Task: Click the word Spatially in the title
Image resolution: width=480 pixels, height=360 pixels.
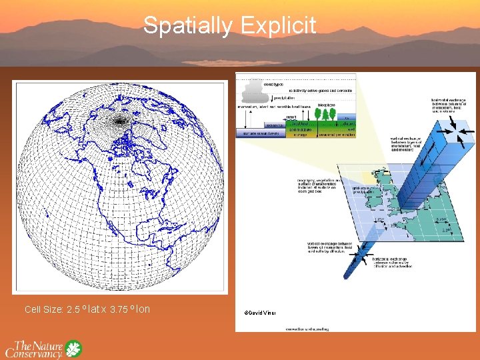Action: (187, 25)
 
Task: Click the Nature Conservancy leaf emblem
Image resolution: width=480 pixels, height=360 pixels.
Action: (73, 349)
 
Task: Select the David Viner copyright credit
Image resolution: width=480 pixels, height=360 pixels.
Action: (259, 313)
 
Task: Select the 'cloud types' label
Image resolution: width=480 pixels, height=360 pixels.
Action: (273, 84)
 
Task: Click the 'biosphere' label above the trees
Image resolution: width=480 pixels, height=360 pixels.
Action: (327, 105)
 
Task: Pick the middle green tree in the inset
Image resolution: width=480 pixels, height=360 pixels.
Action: (327, 114)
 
